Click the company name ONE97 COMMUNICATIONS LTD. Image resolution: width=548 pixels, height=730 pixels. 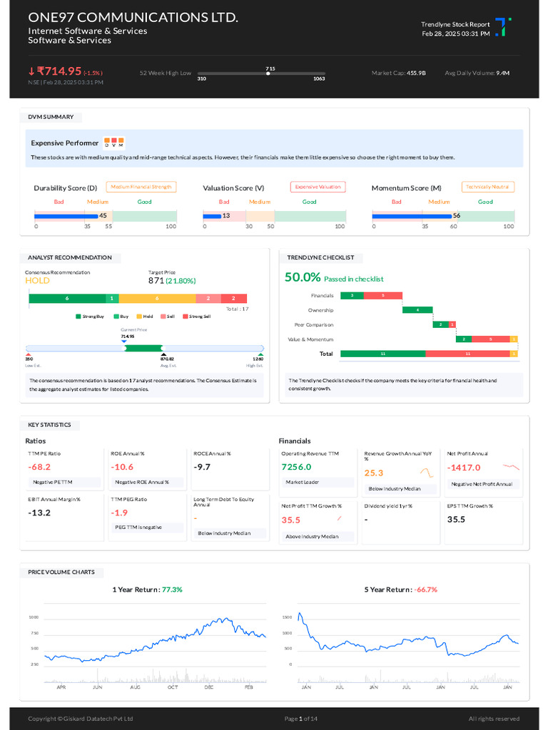pyautogui.click(x=133, y=17)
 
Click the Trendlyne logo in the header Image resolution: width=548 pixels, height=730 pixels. pyautogui.click(x=503, y=27)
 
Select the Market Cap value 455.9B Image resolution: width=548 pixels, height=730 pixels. pyautogui.click(x=416, y=73)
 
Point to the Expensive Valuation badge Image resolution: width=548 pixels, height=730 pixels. pyautogui.click(x=318, y=187)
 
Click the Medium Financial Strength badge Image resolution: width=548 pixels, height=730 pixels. pyautogui.click(x=141, y=187)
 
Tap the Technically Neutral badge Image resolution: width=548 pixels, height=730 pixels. pyautogui.click(x=488, y=187)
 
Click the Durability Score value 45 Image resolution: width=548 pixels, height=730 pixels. pyautogui.click(x=103, y=215)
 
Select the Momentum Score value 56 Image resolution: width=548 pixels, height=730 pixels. pyautogui.click(x=457, y=215)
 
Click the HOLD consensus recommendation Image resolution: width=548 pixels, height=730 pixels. pyautogui.click(x=37, y=281)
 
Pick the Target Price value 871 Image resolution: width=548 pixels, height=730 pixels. pyautogui.click(x=156, y=281)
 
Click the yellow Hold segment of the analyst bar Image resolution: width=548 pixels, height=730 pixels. pyautogui.click(x=156, y=299)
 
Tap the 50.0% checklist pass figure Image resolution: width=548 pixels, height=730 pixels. pyautogui.click(x=303, y=278)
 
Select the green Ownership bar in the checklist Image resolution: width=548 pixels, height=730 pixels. pyautogui.click(x=417, y=310)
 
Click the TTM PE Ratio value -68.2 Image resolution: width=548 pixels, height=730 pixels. pyautogui.click(x=39, y=467)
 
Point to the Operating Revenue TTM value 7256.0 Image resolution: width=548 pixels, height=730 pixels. pyautogui.click(x=296, y=467)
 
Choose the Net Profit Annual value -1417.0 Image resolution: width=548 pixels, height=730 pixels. pyautogui.click(x=464, y=468)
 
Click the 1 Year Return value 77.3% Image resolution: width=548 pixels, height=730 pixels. pyautogui.click(x=172, y=590)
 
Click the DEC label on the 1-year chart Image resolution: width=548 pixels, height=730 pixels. pyautogui.click(x=209, y=687)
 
